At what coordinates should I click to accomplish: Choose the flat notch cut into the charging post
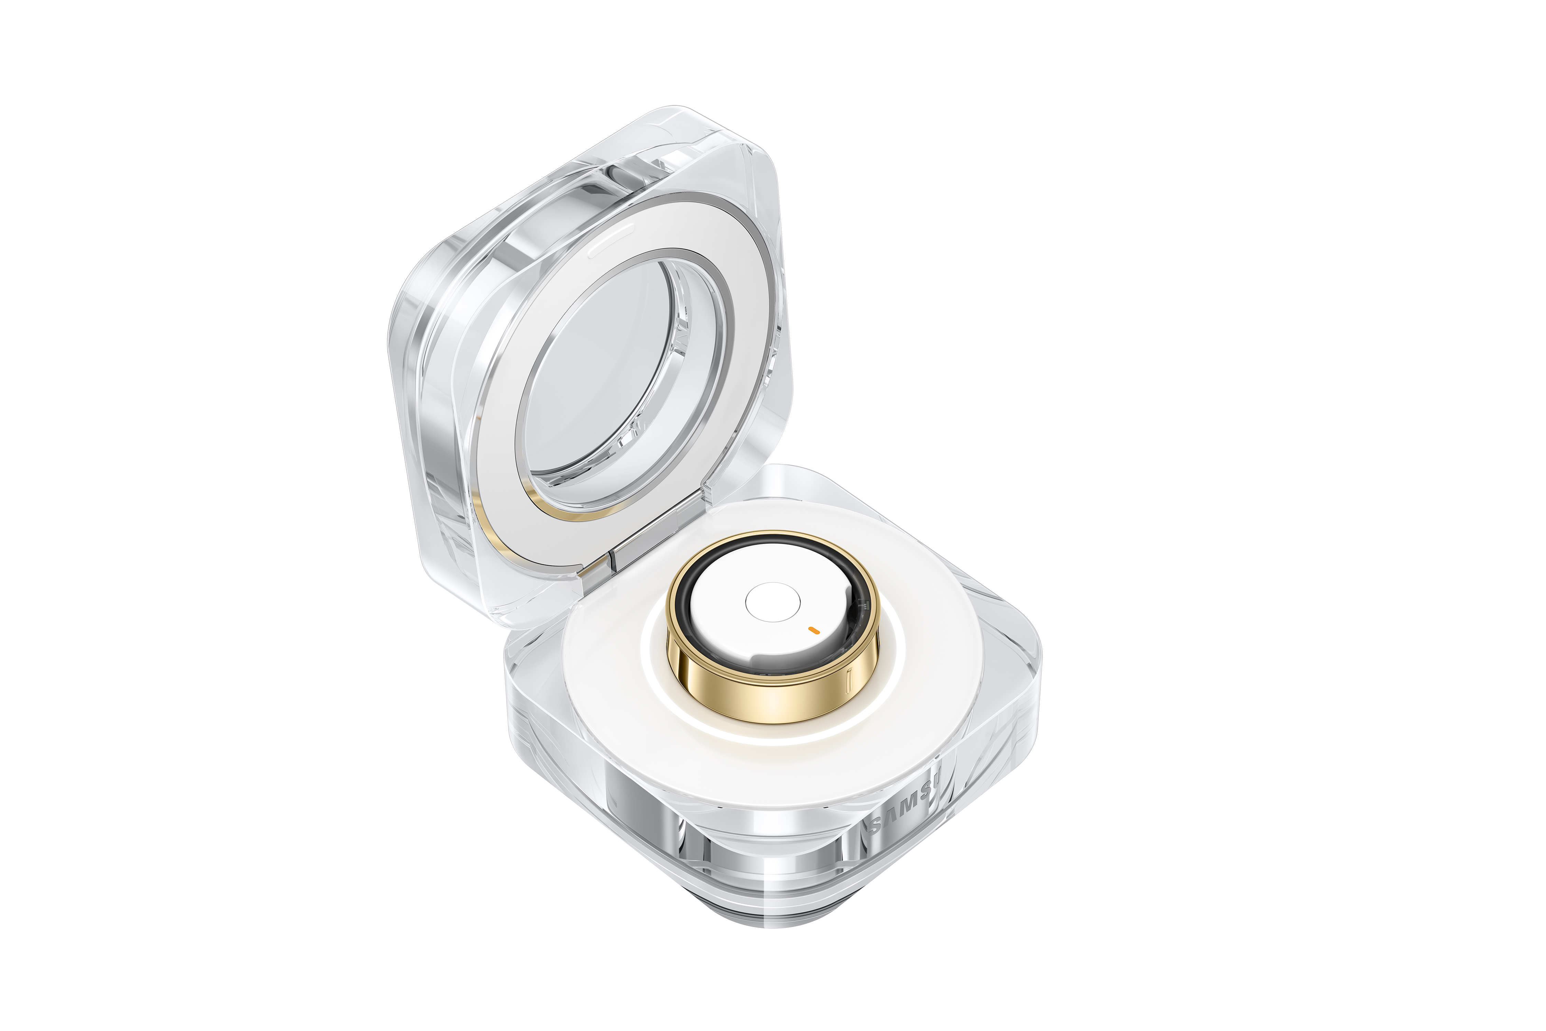click(769, 657)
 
